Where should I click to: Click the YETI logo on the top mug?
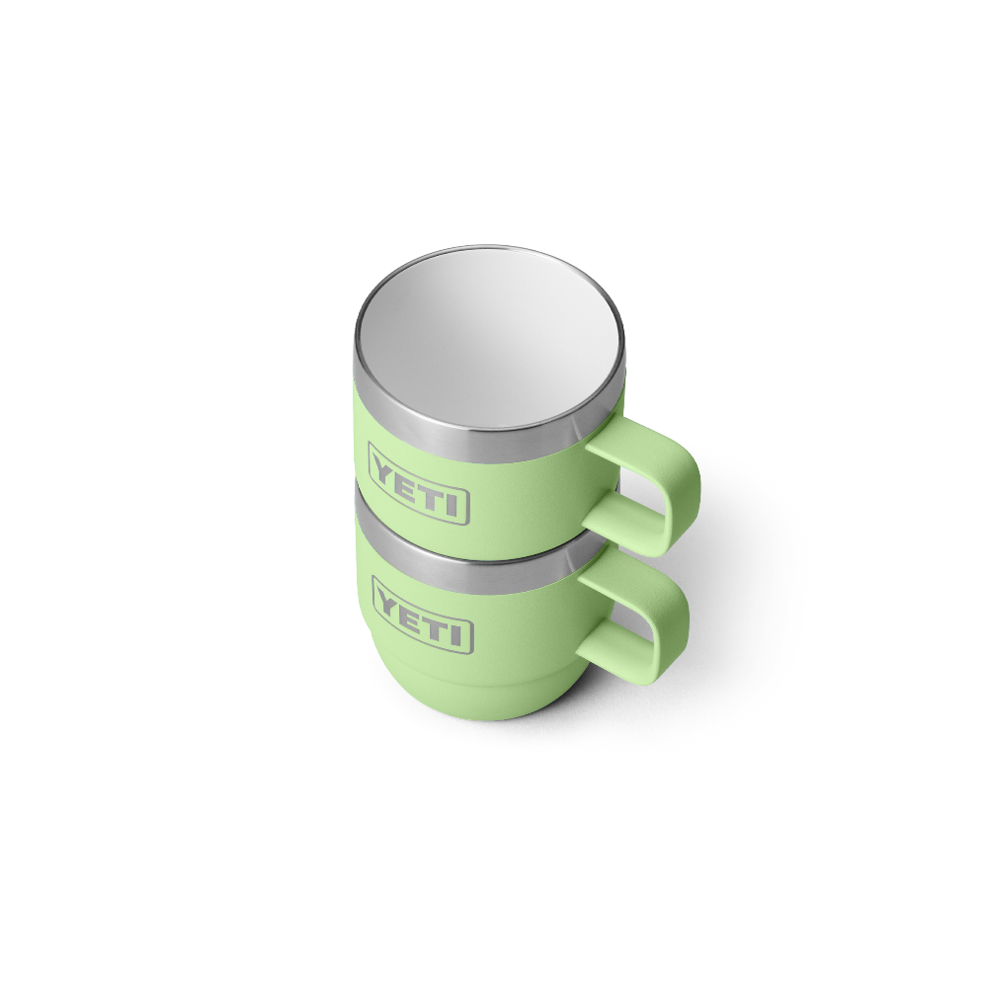click(419, 483)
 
